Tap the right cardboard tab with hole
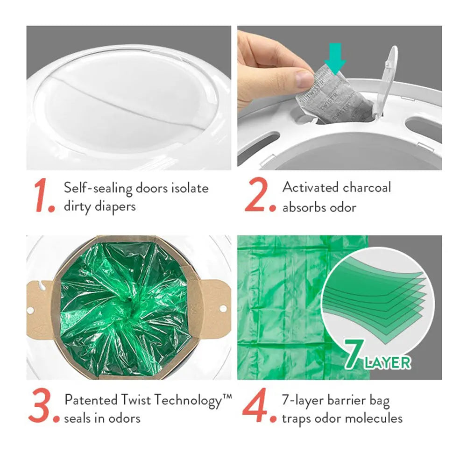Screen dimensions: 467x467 [216, 308]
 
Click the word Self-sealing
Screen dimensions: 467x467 [96, 189]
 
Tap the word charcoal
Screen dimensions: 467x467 [367, 188]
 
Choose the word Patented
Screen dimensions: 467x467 [91, 400]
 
